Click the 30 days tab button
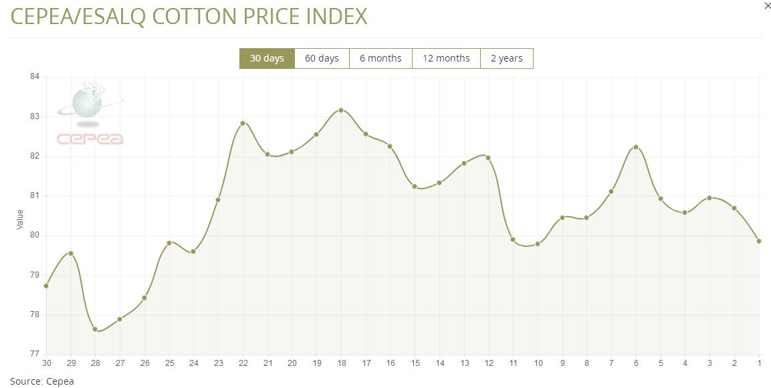pyautogui.click(x=267, y=59)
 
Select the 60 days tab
pyautogui.click(x=322, y=59)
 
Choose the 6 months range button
pyautogui.click(x=380, y=59)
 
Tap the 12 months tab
pyautogui.click(x=446, y=59)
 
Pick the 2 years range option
pyautogui.click(x=506, y=59)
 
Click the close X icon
pyautogui.click(x=766, y=6)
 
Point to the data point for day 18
pyautogui.click(x=341, y=110)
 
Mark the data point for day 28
pyautogui.click(x=95, y=329)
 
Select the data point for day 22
pyautogui.click(x=243, y=123)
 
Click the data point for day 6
pyautogui.click(x=636, y=147)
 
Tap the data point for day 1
pyautogui.click(x=759, y=241)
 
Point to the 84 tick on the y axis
pyautogui.click(x=35, y=77)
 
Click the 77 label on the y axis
pyautogui.click(x=35, y=355)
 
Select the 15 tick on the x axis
pyautogui.click(x=415, y=363)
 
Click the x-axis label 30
pyautogui.click(x=46, y=363)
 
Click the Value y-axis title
pyautogui.click(x=20, y=219)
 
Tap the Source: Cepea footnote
pyautogui.click(x=42, y=381)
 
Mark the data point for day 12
pyautogui.click(x=488, y=158)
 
